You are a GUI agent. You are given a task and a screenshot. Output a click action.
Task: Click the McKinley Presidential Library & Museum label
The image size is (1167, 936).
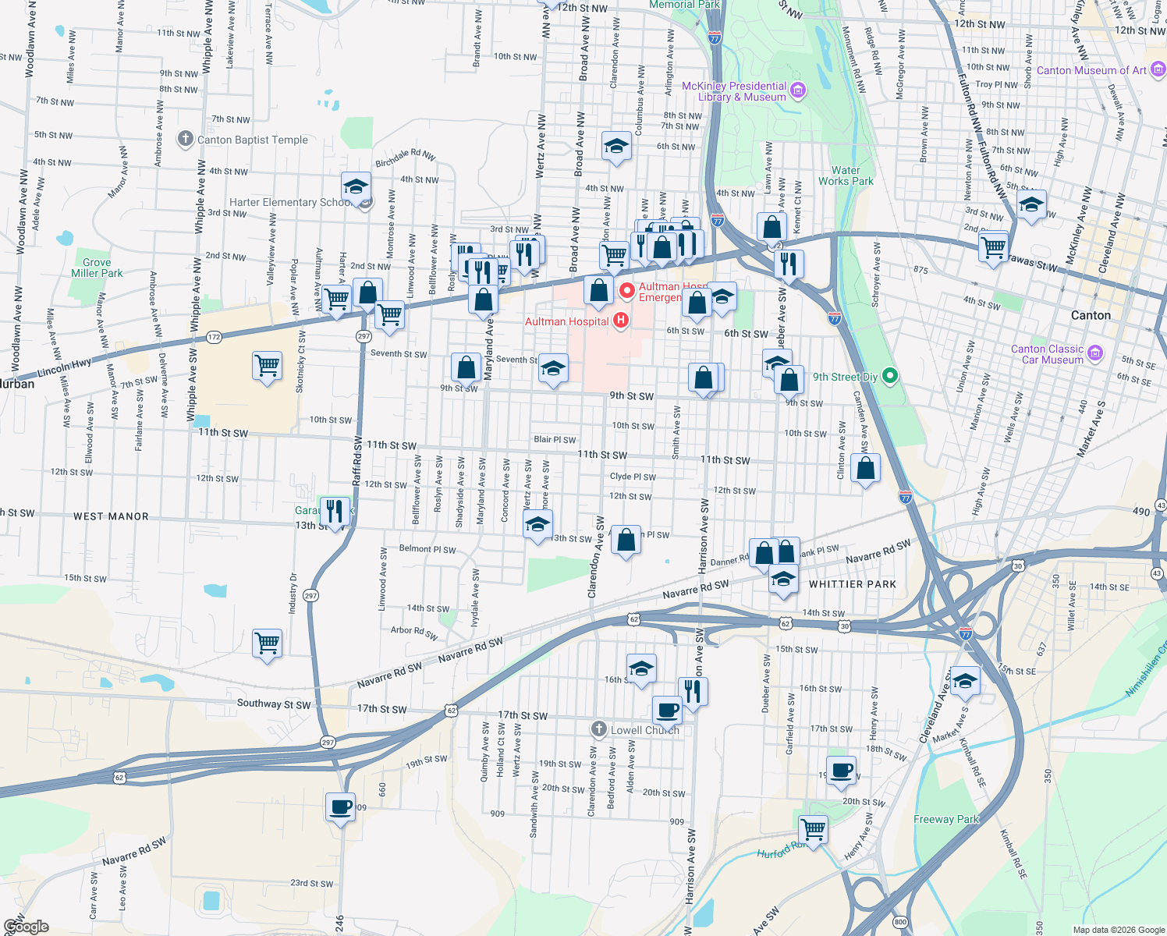pos(734,91)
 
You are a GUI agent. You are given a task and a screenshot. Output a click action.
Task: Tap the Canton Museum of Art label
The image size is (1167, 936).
pos(1091,70)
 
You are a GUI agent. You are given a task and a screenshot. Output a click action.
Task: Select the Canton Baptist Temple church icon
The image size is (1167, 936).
pos(185,140)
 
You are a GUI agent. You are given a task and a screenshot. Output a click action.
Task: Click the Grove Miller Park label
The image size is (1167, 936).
pos(97,268)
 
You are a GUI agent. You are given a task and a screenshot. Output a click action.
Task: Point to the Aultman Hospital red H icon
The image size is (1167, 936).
pos(621,321)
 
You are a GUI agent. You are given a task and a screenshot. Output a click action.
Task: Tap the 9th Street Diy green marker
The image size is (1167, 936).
pos(889,377)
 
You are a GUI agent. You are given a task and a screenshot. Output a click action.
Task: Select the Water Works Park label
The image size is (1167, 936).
pos(846,175)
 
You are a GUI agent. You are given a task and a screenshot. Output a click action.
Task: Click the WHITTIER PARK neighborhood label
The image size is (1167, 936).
pos(853,584)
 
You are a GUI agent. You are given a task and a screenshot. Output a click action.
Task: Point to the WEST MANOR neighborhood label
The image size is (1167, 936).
pos(111,516)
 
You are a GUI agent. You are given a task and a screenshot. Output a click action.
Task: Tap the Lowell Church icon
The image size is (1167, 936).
pos(598,729)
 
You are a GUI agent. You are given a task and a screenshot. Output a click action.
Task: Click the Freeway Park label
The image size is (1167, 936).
pos(945,819)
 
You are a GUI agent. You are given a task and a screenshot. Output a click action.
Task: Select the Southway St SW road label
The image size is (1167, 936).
pos(274,704)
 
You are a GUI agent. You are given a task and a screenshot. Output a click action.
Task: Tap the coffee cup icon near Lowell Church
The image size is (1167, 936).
pos(667,710)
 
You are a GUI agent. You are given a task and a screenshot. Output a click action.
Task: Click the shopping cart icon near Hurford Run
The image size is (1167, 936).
pos(813,828)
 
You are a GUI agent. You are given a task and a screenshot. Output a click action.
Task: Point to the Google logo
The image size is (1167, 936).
pos(27,926)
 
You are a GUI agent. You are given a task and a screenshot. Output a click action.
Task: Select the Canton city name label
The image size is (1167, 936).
pos(1091,315)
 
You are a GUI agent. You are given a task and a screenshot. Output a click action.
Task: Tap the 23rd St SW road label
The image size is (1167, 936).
pos(311,884)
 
